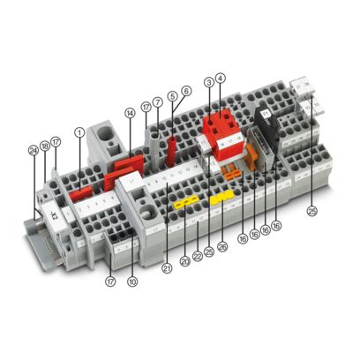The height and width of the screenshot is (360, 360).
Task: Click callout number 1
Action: coord(79,132)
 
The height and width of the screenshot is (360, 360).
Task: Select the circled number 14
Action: coord(130,113)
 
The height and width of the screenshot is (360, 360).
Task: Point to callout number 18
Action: coord(44,145)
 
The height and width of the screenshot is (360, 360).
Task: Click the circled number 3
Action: coord(209,82)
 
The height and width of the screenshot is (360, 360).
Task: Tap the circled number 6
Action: coord(186,91)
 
